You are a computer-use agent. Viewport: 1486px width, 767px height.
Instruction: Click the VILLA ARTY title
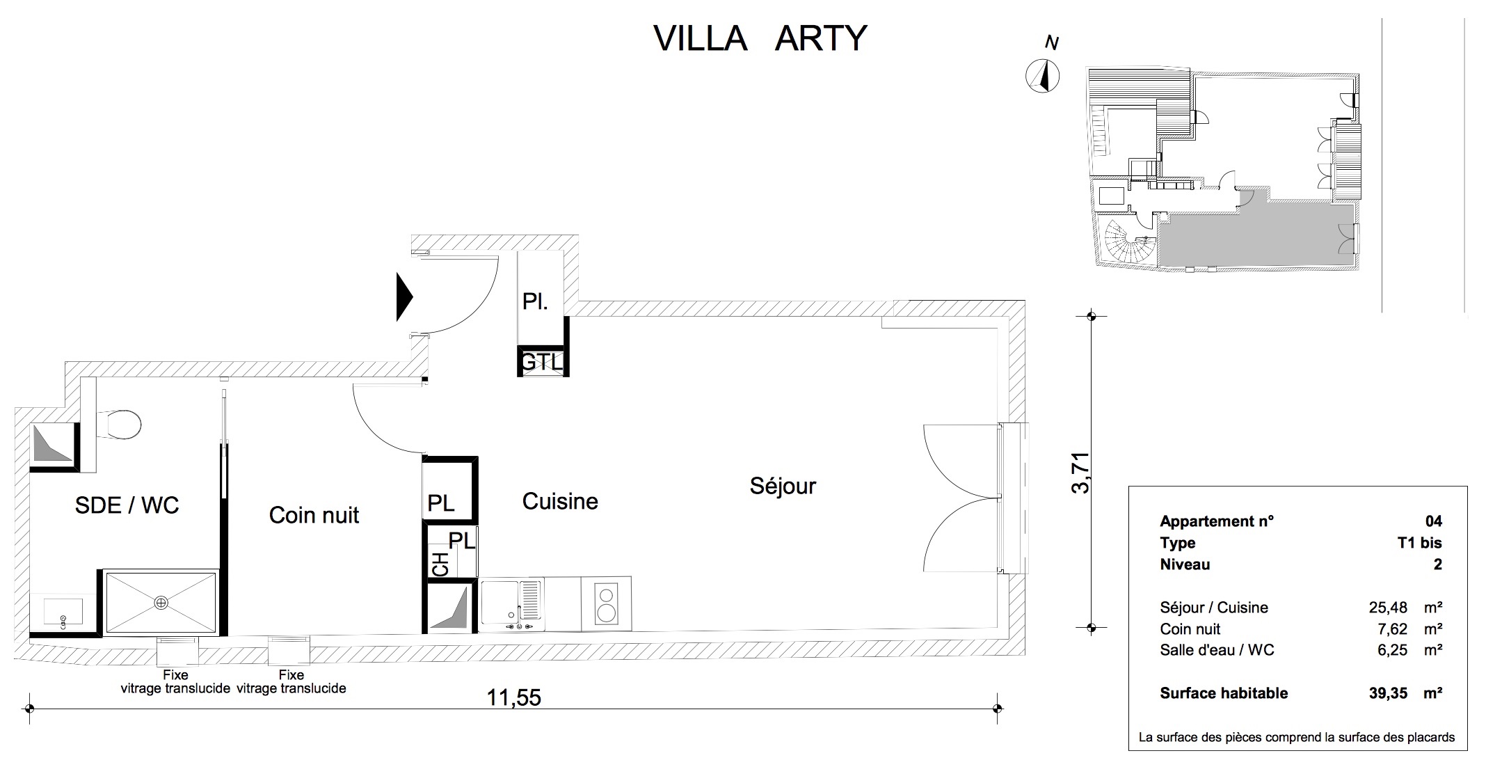point(760,38)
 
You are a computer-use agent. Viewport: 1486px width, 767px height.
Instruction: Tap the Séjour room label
point(783,486)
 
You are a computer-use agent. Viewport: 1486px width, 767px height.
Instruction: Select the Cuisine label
point(560,501)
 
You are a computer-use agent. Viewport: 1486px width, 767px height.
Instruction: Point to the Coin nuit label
point(314,515)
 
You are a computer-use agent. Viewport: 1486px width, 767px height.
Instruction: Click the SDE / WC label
point(127,505)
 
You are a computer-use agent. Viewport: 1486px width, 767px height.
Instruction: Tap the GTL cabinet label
point(543,363)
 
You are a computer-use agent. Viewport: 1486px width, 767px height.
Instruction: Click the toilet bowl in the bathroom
point(119,424)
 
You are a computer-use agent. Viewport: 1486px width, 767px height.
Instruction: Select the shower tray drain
point(161,602)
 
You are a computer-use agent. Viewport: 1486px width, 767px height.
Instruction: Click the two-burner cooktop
point(606,603)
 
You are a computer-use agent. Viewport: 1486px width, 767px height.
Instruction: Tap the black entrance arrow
point(404,297)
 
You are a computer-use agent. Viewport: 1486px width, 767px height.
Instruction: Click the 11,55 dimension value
point(513,697)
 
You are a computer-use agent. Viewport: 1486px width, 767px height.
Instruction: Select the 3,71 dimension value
point(1080,473)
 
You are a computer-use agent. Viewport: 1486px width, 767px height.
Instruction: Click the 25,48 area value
point(1388,608)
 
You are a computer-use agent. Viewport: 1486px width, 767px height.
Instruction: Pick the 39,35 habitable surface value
point(1388,693)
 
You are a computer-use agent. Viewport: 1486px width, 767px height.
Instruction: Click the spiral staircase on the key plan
point(1128,242)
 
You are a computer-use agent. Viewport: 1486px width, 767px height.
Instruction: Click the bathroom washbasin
point(63,612)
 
